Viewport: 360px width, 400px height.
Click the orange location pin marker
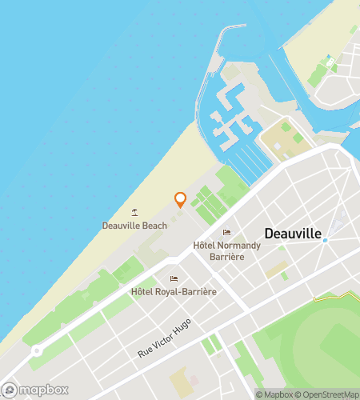pos(180,199)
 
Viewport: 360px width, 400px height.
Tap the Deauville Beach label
pos(134,226)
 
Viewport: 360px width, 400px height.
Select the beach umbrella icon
pos(134,213)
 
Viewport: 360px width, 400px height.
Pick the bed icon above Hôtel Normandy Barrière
pos(226,233)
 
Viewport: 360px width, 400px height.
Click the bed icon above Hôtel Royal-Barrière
pos(174,279)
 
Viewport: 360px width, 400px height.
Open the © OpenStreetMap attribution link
pos(327,394)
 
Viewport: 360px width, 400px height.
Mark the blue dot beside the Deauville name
pos(325,240)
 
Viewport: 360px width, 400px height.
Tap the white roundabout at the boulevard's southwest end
pos(36,351)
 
